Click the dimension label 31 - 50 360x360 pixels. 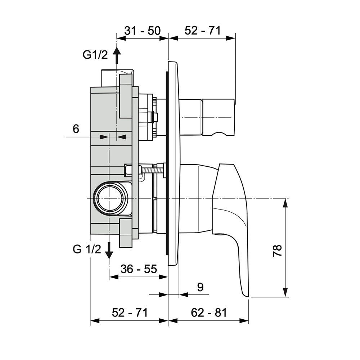click(x=142, y=31)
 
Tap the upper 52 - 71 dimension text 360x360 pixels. click(x=202, y=31)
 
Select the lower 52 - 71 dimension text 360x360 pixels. click(x=130, y=313)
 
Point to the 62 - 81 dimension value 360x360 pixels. click(x=209, y=313)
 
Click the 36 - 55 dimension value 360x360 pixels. click(x=139, y=269)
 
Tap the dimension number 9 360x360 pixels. click(x=201, y=287)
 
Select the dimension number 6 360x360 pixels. click(x=76, y=129)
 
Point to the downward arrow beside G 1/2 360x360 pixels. click(x=109, y=252)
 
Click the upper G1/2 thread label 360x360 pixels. click(x=95, y=55)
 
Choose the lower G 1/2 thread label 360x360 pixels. click(x=87, y=249)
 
